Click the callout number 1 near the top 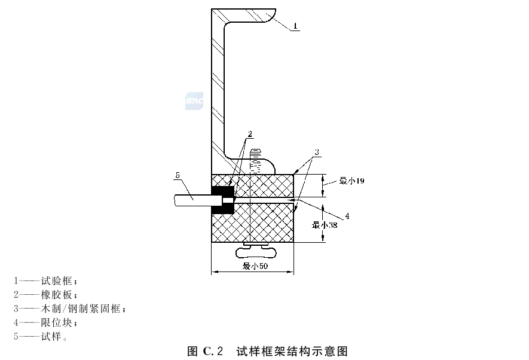295,26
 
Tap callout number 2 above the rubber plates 250,134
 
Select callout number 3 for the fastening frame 317,152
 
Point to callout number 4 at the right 347,216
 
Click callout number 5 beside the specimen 178,175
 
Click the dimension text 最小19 352,181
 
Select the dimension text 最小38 325,225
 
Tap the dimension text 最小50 255,266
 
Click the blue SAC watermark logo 194,101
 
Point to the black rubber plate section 222,200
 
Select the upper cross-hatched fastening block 252,185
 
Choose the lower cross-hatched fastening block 252,222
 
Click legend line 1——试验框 46,280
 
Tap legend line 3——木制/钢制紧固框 70,309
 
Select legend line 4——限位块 46,322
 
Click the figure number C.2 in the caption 213,351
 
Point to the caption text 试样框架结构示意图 292,351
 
